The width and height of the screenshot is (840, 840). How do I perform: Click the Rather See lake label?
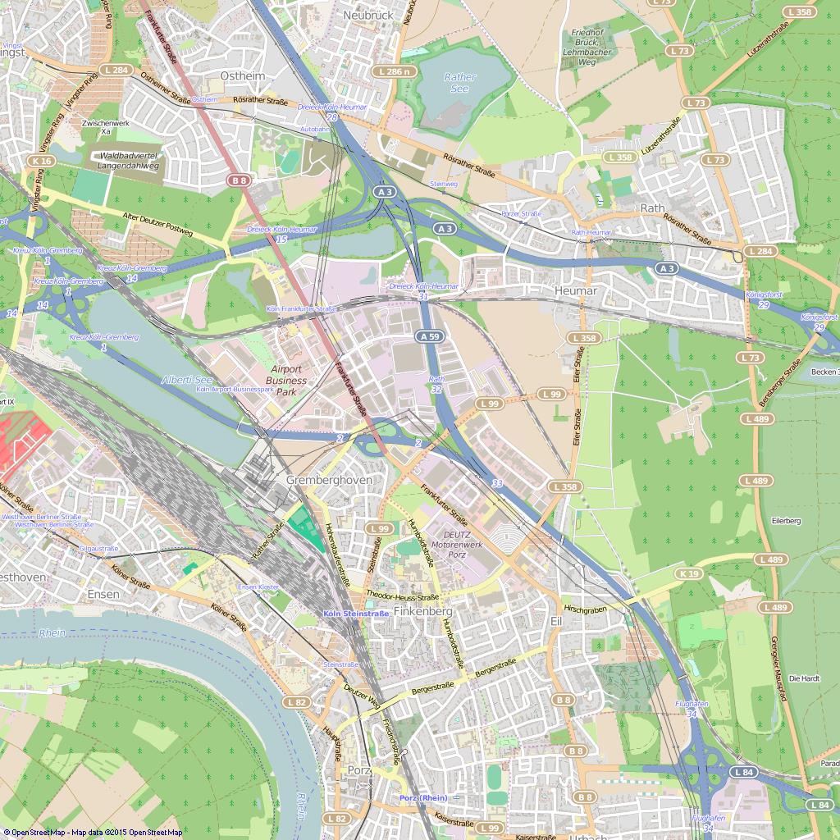[x=459, y=83]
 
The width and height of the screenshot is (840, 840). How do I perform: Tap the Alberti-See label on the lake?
[x=187, y=380]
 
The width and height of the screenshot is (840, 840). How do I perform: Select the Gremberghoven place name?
[x=329, y=479]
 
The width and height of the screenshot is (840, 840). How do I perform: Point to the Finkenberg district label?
[x=423, y=612]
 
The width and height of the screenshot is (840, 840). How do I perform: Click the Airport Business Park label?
[x=286, y=381]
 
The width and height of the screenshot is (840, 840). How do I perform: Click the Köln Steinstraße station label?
[x=356, y=614]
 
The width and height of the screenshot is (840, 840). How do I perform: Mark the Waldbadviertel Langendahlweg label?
[x=128, y=161]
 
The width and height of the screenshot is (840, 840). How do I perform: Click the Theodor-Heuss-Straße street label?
[x=403, y=596]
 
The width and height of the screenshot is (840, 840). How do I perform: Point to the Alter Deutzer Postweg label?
[x=158, y=226]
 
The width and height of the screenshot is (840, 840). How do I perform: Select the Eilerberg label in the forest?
[x=785, y=521]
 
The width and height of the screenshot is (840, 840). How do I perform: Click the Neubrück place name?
[x=368, y=15]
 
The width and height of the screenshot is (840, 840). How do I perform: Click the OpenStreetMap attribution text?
[x=92, y=833]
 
